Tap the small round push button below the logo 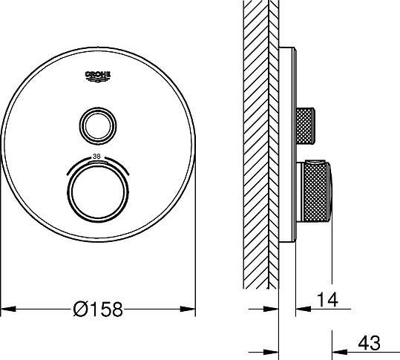coord(97,124)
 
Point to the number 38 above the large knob coord(97,157)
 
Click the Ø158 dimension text coord(98,307)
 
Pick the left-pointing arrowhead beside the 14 coord(301,308)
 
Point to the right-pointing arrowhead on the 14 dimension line coord(272,308)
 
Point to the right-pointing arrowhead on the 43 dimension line coord(272,351)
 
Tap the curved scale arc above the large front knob coord(97,163)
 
